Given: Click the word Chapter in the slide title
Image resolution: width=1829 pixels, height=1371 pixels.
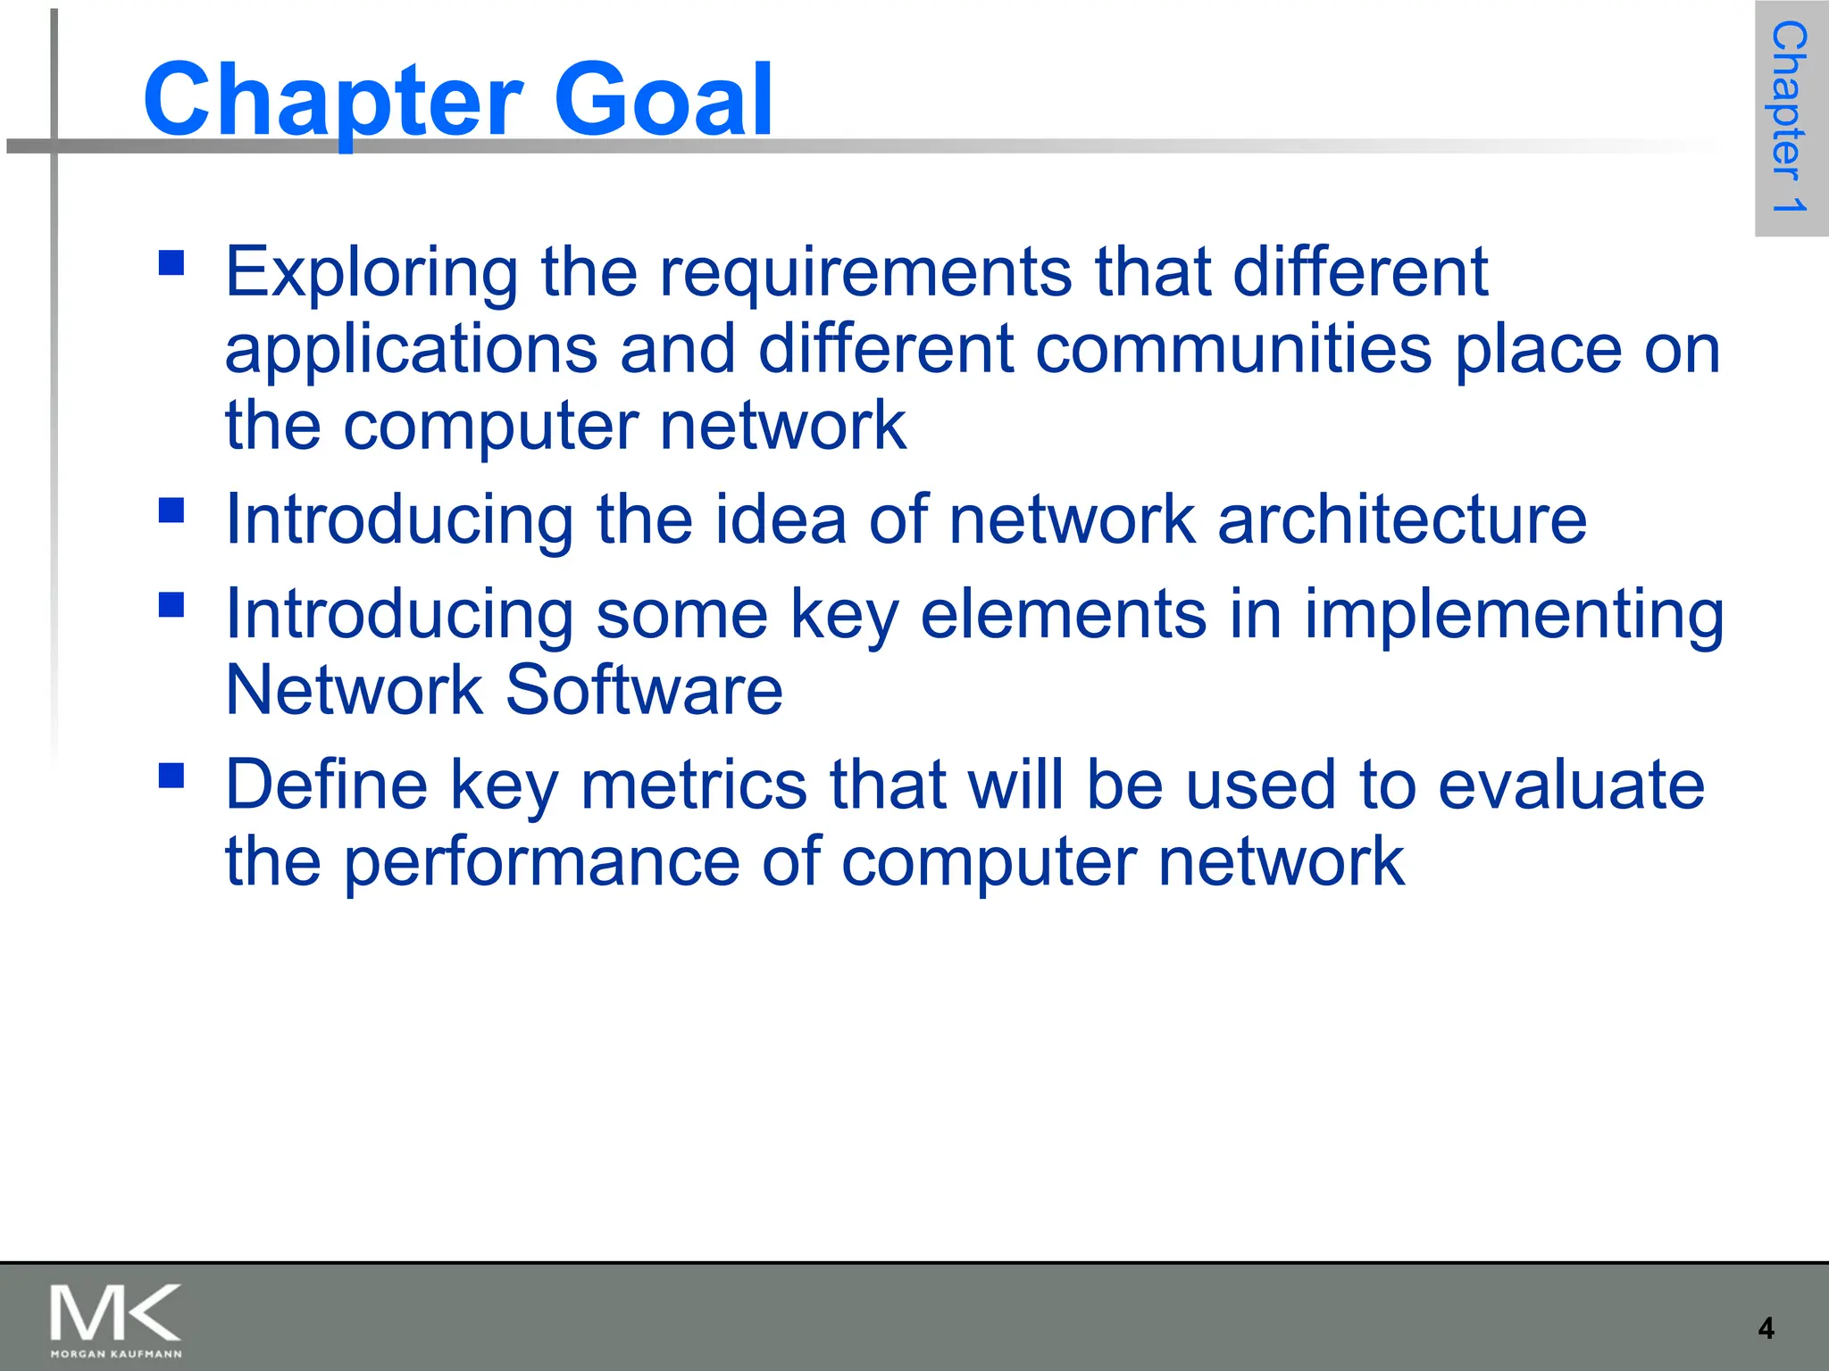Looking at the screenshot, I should (332, 101).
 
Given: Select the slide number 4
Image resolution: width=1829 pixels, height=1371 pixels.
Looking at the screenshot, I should (1766, 1328).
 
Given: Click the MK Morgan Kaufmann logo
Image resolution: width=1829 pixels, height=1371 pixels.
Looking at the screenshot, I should (116, 1320).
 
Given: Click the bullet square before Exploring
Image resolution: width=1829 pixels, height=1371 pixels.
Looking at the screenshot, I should (171, 262).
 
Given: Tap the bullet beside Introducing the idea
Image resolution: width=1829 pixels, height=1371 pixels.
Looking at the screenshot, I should (171, 511).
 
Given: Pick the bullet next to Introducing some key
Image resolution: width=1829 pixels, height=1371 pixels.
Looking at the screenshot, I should (171, 605).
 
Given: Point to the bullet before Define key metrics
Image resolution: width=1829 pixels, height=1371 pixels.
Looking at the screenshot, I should (171, 775).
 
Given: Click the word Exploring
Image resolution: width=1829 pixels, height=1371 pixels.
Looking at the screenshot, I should (372, 272).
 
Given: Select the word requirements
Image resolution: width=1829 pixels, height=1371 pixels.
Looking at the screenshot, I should (865, 272).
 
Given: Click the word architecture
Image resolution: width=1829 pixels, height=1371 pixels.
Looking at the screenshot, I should (1402, 519).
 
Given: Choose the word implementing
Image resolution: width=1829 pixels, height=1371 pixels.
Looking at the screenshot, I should (1514, 616).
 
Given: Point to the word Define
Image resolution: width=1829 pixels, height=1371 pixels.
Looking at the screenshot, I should (327, 785).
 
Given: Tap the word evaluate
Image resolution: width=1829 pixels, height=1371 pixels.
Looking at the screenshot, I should (1571, 785).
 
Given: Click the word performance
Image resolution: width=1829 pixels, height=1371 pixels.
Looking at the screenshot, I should (542, 863).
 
